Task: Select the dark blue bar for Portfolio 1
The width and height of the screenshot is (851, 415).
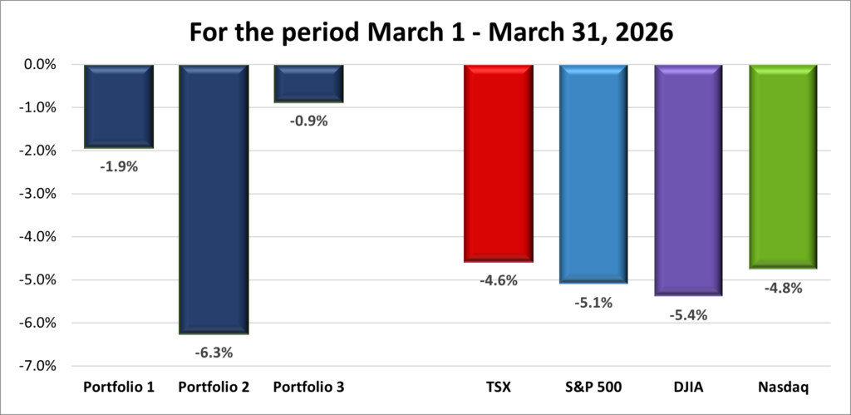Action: pyautogui.click(x=118, y=106)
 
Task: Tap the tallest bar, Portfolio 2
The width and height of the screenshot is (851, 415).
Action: pyautogui.click(x=214, y=200)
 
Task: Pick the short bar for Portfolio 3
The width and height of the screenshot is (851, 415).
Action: pyautogui.click(x=308, y=84)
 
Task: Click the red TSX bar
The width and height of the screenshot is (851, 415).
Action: pyautogui.click(x=499, y=163)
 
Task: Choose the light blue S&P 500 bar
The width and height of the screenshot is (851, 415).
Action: pyautogui.click(x=593, y=174)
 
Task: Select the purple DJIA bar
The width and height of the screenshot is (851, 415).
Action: pyautogui.click(x=688, y=180)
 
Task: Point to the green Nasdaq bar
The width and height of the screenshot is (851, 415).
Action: pyautogui.click(x=783, y=166)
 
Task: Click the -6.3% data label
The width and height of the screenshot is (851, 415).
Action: pyautogui.click(x=214, y=353)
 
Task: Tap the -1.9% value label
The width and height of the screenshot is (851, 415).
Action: pyautogui.click(x=118, y=166)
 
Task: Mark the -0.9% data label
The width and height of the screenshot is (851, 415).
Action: pyautogui.click(x=309, y=121)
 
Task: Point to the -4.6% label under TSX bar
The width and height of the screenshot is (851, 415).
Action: pyautogui.click(x=499, y=280)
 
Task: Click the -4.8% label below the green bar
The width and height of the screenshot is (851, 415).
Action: pyautogui.click(x=783, y=289)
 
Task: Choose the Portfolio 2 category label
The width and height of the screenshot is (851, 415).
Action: pyautogui.click(x=214, y=388)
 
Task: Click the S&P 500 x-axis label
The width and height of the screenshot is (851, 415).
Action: pyautogui.click(x=593, y=388)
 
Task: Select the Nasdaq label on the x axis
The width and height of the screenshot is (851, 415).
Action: pyautogui.click(x=783, y=388)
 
